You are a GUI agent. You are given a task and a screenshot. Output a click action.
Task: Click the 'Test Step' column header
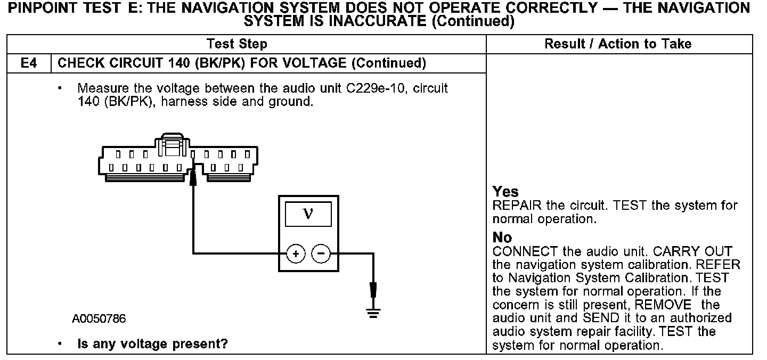(x=237, y=44)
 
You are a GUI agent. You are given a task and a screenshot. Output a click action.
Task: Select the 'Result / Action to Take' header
(x=618, y=44)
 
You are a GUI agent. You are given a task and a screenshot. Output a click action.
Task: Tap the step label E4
(x=28, y=63)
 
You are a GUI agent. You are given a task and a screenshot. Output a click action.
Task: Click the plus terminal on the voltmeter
(x=296, y=254)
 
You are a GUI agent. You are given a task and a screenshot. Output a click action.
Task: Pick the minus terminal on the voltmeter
(x=321, y=254)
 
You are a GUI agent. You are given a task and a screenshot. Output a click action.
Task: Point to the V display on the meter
(x=308, y=214)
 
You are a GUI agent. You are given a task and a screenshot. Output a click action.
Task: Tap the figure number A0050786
(x=99, y=319)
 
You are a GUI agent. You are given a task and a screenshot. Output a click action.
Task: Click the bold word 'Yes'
(x=505, y=192)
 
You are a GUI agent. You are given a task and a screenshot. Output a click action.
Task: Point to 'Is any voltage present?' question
(x=152, y=345)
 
